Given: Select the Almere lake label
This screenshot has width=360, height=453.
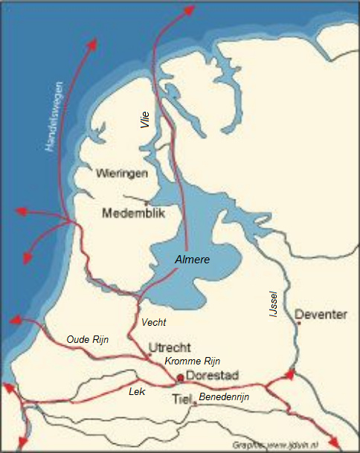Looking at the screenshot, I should point(192,260).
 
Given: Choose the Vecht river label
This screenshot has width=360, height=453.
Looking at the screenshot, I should point(153,322).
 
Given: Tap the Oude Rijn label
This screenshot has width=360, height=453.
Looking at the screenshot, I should point(88,340).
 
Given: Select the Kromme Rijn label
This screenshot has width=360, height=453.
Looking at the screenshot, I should point(193,361).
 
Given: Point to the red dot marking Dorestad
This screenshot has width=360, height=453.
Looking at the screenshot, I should point(180,377).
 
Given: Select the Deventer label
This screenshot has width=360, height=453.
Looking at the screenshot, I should point(321,315).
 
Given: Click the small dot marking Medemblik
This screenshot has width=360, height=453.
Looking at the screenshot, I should point(147,202).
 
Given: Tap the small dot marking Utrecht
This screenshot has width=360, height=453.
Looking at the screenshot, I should point(150,354).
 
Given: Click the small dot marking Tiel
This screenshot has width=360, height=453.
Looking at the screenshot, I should point(193,404).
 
